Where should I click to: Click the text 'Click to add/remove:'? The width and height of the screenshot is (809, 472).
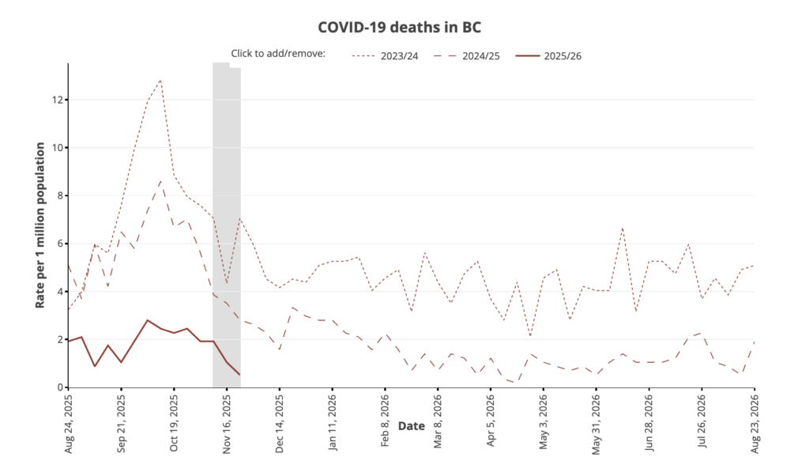(278, 54)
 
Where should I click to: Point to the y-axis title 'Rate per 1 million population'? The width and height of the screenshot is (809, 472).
(40, 225)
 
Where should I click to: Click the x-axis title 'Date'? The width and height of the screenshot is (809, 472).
(411, 426)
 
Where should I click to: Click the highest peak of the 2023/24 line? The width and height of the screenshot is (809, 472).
(160, 80)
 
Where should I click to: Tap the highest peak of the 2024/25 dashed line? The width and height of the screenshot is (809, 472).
(160, 180)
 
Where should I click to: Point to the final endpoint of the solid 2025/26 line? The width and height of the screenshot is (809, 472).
(239, 375)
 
